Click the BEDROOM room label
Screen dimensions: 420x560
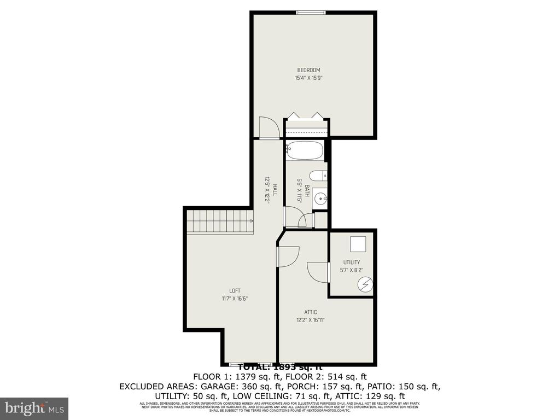pyautogui.click(x=308, y=70)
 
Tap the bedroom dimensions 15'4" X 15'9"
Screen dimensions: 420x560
pyautogui.click(x=308, y=78)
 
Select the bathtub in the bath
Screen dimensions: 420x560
pyautogui.click(x=306, y=150)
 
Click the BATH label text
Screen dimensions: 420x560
pyautogui.click(x=307, y=191)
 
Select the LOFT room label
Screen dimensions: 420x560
pyautogui.click(x=235, y=290)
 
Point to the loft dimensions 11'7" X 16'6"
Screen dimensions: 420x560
pyautogui.click(x=235, y=299)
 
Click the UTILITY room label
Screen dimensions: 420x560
pyautogui.click(x=352, y=262)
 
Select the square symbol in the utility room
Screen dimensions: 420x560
pyautogui.click(x=358, y=243)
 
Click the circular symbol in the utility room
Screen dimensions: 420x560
pyautogui.click(x=365, y=284)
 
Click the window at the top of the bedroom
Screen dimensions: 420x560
pyautogui.click(x=312, y=12)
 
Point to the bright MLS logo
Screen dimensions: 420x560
pyautogui.click(x=33, y=408)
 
